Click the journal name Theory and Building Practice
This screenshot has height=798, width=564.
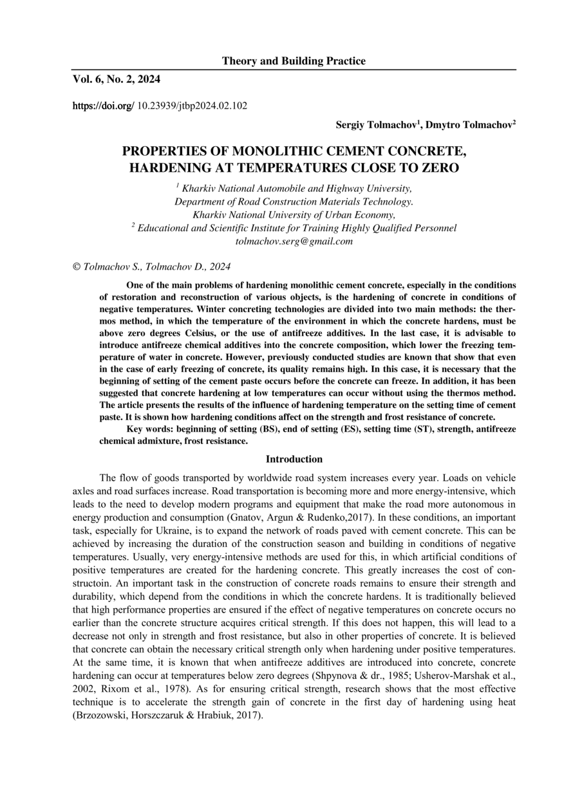click(294, 61)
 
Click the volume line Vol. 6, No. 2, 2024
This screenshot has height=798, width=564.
click(117, 80)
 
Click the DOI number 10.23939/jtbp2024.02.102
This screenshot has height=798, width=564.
click(193, 106)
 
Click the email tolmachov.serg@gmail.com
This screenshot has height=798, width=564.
click(294, 241)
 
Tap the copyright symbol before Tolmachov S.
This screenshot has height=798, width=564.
click(77, 266)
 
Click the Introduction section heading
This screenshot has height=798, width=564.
click(294, 459)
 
